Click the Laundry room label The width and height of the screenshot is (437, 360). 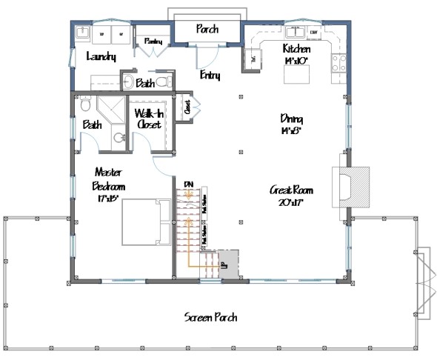point(99,57)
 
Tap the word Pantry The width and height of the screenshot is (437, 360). point(153,41)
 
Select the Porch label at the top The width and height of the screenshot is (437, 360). point(207,30)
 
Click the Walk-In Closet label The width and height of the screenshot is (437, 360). point(150,119)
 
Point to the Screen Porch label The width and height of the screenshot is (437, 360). point(211,317)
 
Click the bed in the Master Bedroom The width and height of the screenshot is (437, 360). point(143,221)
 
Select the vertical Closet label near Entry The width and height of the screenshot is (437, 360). point(186,107)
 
